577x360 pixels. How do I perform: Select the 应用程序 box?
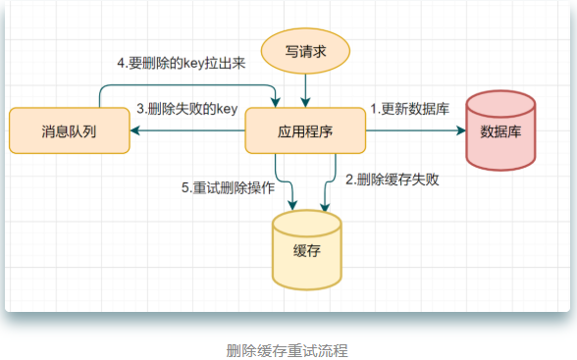(x=305, y=130)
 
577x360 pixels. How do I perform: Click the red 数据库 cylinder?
(x=499, y=130)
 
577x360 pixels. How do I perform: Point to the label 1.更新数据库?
(x=409, y=110)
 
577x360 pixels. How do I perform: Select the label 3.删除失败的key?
(x=188, y=110)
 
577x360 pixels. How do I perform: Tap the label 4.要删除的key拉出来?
(x=181, y=64)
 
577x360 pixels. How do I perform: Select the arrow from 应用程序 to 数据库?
(x=412, y=130)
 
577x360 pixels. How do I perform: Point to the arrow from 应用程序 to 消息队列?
(x=186, y=130)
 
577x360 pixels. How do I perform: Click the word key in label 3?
(x=227, y=110)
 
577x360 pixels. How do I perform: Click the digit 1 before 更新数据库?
(x=373, y=110)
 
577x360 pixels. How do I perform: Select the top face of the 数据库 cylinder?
(x=499, y=101)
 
